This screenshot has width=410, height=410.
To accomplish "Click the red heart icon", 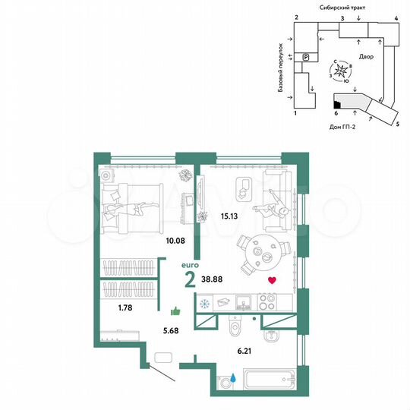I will coord(272,281).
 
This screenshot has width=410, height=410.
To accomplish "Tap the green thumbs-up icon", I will coord(176,310).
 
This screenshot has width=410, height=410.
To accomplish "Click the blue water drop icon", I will coord(235,376).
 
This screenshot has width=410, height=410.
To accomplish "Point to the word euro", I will coord(192,266).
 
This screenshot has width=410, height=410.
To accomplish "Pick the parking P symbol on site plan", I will coord(305,57).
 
